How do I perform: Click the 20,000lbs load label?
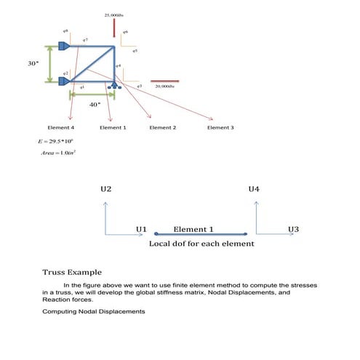165,86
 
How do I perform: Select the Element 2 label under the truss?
162,127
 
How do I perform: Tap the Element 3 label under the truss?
220,127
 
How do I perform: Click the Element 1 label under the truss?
113,127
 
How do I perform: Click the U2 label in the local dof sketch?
106,189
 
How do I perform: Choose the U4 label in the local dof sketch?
254,189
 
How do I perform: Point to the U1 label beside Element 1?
142,229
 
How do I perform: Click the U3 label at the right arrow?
293,229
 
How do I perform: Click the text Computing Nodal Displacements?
94,312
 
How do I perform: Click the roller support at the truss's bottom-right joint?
113,87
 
